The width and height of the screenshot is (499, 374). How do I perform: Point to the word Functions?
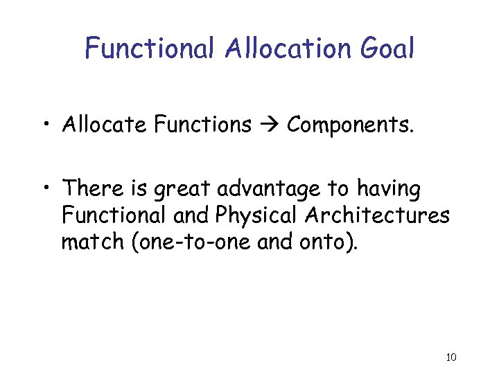203,125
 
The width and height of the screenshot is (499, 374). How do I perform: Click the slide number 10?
450,357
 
